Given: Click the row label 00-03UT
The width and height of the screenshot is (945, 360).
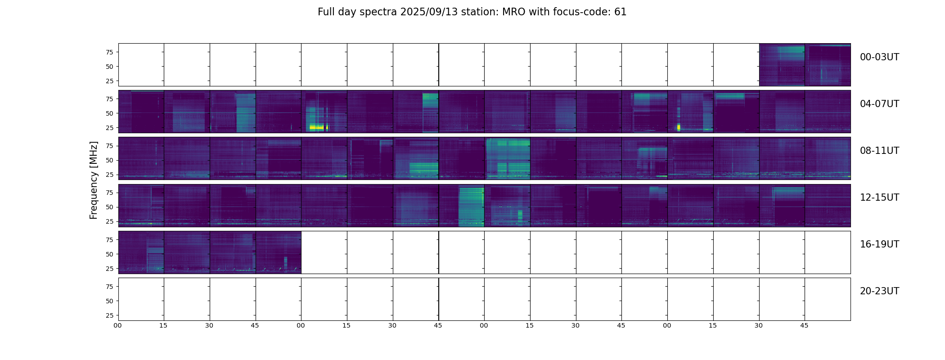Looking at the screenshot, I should pyautogui.click(x=879, y=57).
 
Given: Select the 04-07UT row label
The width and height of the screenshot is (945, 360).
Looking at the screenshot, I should pyautogui.click(x=879, y=104).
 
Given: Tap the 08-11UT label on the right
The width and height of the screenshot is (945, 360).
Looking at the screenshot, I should pyautogui.click(x=879, y=151).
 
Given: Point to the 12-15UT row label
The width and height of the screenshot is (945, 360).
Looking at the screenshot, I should pyautogui.click(x=879, y=198).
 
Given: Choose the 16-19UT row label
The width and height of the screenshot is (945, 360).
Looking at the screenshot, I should pyautogui.click(x=879, y=244).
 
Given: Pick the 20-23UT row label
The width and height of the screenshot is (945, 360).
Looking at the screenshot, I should pyautogui.click(x=879, y=291).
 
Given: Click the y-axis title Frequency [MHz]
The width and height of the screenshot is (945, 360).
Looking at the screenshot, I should pyautogui.click(x=94, y=180).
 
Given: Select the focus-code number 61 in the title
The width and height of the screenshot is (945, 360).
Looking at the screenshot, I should pyautogui.click(x=620, y=12).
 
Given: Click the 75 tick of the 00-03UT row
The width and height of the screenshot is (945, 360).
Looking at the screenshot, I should pyautogui.click(x=109, y=52).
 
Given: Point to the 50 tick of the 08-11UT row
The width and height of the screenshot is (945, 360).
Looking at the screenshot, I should pyautogui.click(x=109, y=160).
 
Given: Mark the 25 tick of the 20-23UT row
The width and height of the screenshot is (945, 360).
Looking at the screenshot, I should pyautogui.click(x=109, y=315).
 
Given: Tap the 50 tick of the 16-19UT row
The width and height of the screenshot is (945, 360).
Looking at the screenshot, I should pyautogui.click(x=109, y=254).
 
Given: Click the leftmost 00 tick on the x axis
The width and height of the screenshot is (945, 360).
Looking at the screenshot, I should pyautogui.click(x=118, y=325).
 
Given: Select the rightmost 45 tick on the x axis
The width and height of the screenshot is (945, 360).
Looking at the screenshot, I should pyautogui.click(x=804, y=325).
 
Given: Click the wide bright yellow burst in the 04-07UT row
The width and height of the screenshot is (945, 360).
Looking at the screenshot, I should pyautogui.click(x=317, y=127).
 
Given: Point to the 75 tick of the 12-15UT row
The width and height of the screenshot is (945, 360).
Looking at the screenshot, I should pyautogui.click(x=109, y=193).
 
